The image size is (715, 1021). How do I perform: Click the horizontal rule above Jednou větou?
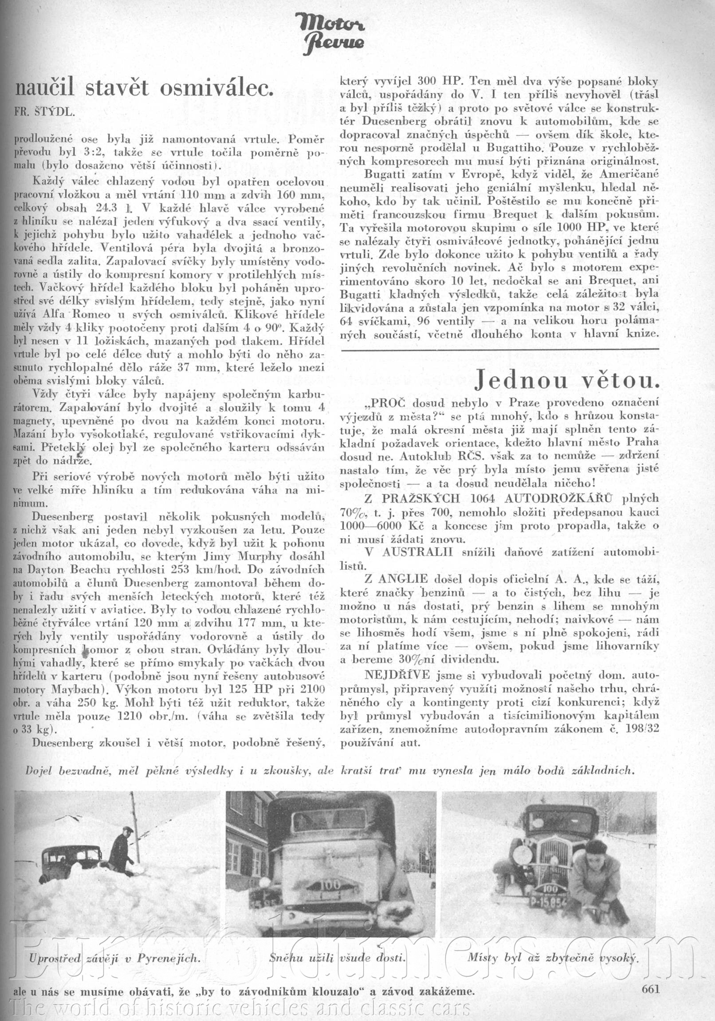pyautogui.click(x=500, y=349)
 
